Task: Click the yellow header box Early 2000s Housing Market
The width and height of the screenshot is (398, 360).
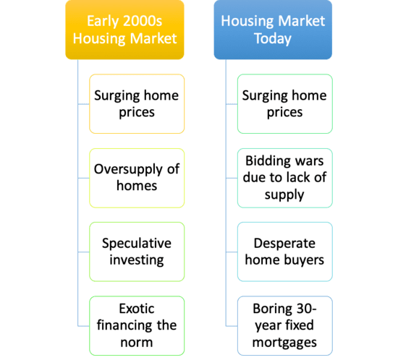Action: (x=124, y=30)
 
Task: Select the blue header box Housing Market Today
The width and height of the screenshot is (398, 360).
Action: (x=273, y=30)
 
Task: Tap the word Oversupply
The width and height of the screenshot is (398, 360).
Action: (x=128, y=170)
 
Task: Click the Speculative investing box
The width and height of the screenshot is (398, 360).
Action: (x=137, y=252)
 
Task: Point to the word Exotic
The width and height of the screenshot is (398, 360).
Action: (x=137, y=309)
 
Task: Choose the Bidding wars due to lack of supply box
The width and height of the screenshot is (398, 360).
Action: (x=285, y=178)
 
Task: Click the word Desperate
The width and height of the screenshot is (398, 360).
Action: (x=284, y=244)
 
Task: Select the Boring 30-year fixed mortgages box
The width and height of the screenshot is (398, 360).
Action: (x=285, y=326)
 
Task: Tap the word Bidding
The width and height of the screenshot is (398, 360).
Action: (x=263, y=161)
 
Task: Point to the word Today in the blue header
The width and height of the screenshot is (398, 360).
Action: (x=273, y=39)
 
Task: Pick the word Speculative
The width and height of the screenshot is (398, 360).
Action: (x=137, y=244)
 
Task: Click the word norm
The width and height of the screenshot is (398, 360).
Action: (x=137, y=343)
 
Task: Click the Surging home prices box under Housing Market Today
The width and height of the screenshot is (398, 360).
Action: (x=285, y=104)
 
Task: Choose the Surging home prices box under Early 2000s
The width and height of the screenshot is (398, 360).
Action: (x=137, y=104)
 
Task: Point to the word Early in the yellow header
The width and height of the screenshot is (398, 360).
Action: (x=103, y=21)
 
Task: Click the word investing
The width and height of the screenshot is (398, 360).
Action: (x=137, y=260)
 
